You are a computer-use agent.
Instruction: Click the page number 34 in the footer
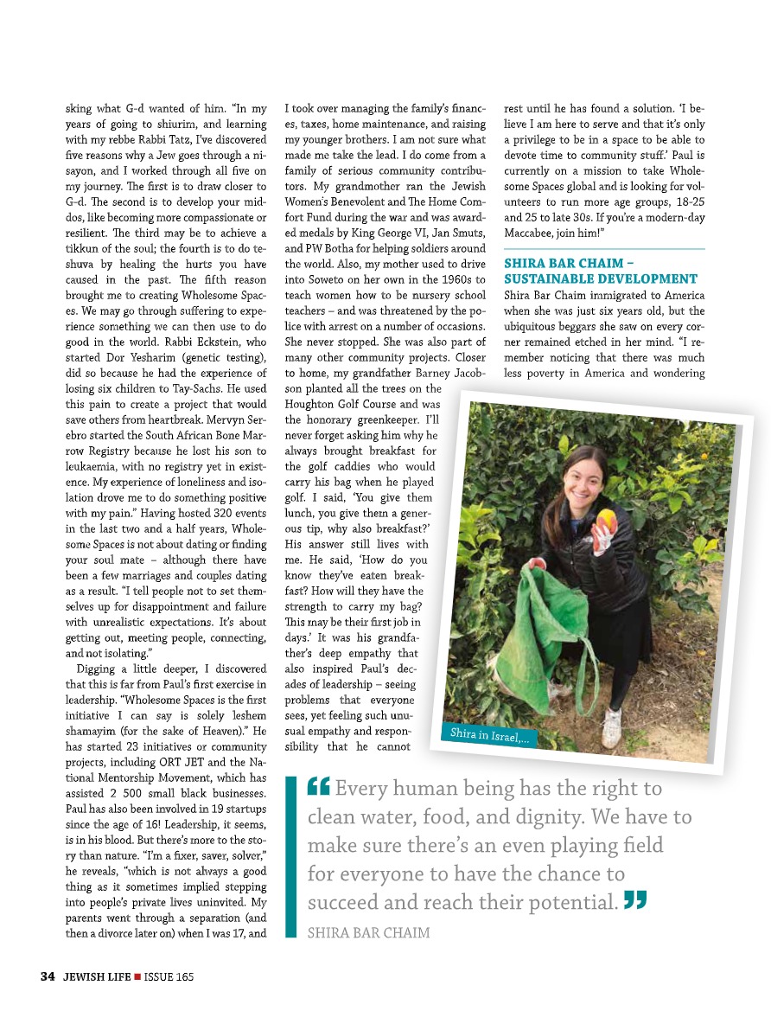pyautogui.click(x=47, y=976)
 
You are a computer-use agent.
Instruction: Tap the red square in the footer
pyautogui.click(x=137, y=976)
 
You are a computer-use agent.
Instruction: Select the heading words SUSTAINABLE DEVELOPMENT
pyautogui.click(x=600, y=278)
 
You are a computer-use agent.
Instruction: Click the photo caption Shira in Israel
pyautogui.click(x=489, y=736)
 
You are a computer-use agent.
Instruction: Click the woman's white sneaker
pyautogui.click(x=613, y=727)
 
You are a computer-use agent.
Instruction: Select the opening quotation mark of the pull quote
pyautogui.click(x=318, y=787)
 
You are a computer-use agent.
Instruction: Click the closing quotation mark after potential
pyautogui.click(x=635, y=901)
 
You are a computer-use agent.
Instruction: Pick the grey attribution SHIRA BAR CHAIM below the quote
pyautogui.click(x=368, y=933)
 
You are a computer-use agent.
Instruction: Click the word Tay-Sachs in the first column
pyautogui.click(x=207, y=388)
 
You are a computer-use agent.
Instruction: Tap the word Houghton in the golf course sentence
pyautogui.click(x=310, y=405)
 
